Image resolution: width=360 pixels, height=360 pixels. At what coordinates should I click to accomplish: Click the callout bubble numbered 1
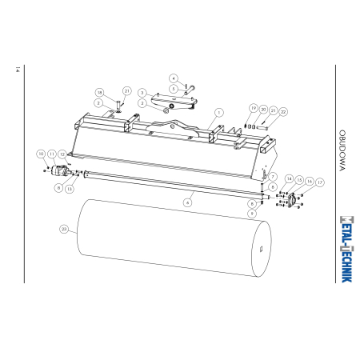point(219,113)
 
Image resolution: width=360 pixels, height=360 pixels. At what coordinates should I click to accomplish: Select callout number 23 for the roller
point(64,229)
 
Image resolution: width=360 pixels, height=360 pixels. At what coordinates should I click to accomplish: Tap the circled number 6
point(188,202)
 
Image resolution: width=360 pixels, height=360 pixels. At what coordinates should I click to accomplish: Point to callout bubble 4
point(174,78)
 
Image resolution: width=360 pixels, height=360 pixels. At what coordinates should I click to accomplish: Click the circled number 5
point(174,89)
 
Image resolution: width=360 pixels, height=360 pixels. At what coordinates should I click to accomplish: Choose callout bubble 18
point(100,93)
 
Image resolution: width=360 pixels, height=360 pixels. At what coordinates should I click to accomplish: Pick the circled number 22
point(283,112)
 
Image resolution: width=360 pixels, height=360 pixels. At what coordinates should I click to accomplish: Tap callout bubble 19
point(254,108)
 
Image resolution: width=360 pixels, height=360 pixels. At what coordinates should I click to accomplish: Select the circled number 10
point(41,154)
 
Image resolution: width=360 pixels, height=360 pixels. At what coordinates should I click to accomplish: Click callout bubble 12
point(62,154)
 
